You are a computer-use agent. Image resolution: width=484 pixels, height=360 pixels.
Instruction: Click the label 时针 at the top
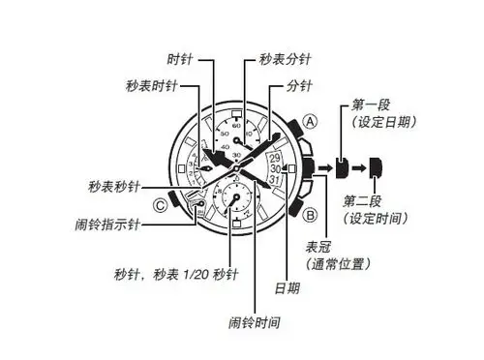click(180, 59)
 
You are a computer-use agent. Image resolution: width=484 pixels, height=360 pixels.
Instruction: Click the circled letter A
click(310, 122)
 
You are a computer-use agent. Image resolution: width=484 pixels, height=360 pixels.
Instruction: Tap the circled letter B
click(311, 214)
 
